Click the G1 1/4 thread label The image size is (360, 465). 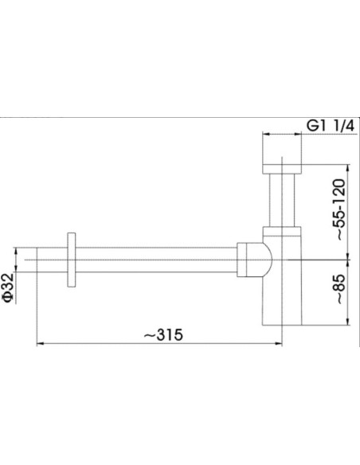(x=331, y=127)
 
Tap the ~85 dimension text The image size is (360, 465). (x=339, y=288)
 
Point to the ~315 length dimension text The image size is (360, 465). (x=163, y=335)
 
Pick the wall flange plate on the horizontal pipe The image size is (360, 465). (x=71, y=260)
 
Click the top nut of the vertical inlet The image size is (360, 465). (x=282, y=169)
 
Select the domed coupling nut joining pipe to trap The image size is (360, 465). (x=254, y=260)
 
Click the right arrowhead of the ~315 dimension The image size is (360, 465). (x=278, y=344)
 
